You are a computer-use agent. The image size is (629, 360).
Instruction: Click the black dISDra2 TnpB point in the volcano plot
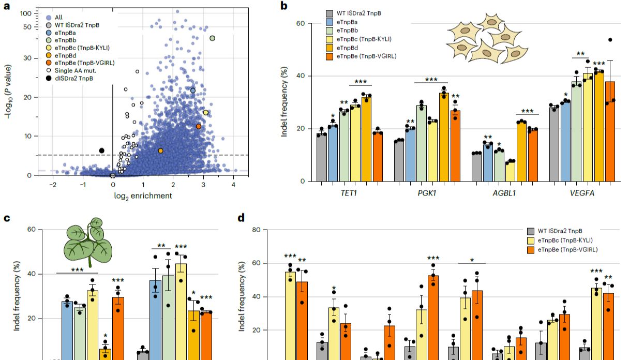tap(102, 151)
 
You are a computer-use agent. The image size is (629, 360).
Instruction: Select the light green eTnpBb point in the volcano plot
tap(212, 38)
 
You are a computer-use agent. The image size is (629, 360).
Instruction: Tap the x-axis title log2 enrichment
tap(143, 196)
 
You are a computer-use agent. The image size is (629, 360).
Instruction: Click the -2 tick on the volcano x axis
tap(53, 185)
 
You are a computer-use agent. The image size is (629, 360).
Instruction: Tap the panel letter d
tap(241, 218)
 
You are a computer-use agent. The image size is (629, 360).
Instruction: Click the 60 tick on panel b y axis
tap(301, 23)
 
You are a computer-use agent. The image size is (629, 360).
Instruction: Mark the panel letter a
tap(7, 7)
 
